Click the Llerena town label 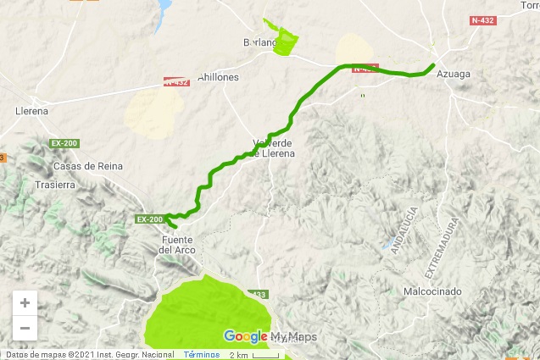[31, 111]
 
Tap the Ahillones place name [218, 77]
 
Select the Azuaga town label [453, 75]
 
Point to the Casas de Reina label [82, 167]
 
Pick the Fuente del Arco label [178, 245]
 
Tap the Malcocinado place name [432, 291]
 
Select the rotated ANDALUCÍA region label [403, 226]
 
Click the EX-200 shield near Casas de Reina [64, 142]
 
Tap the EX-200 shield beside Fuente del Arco [149, 219]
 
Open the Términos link [202, 354]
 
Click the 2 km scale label [238, 354]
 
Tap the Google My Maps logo [270, 336]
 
